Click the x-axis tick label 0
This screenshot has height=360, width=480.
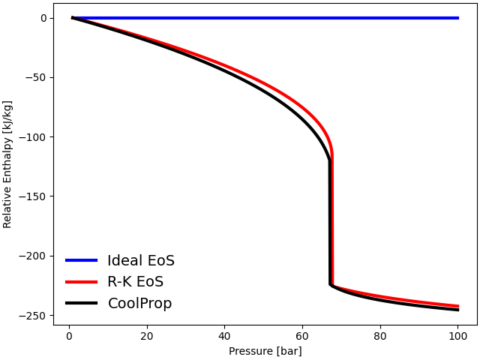click(69, 335)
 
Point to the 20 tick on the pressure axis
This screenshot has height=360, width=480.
click(147, 335)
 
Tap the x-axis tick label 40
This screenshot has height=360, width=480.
click(224, 335)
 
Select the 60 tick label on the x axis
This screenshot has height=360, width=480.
click(302, 335)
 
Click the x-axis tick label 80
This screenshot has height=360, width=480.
click(380, 335)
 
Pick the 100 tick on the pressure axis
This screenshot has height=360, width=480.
click(457, 335)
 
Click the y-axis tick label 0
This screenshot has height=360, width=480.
click(43, 18)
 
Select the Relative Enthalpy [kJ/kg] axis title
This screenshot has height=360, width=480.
click(8, 164)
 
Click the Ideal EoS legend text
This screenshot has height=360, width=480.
click(141, 261)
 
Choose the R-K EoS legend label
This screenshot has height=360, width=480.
click(135, 282)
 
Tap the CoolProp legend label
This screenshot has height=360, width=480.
click(139, 304)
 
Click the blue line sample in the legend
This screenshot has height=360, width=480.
click(81, 260)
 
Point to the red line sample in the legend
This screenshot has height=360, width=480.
click(81, 282)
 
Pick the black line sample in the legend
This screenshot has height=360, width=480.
click(81, 303)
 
